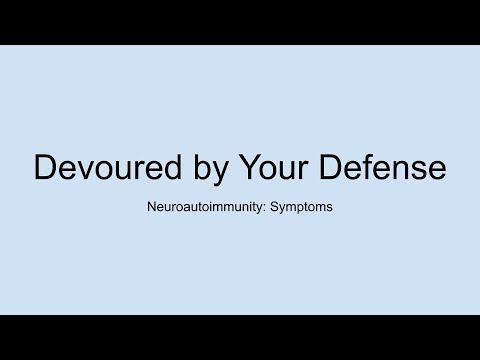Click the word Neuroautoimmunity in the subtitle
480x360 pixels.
point(211,212)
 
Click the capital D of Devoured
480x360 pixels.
point(45,167)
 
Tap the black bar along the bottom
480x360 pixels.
point(240,337)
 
